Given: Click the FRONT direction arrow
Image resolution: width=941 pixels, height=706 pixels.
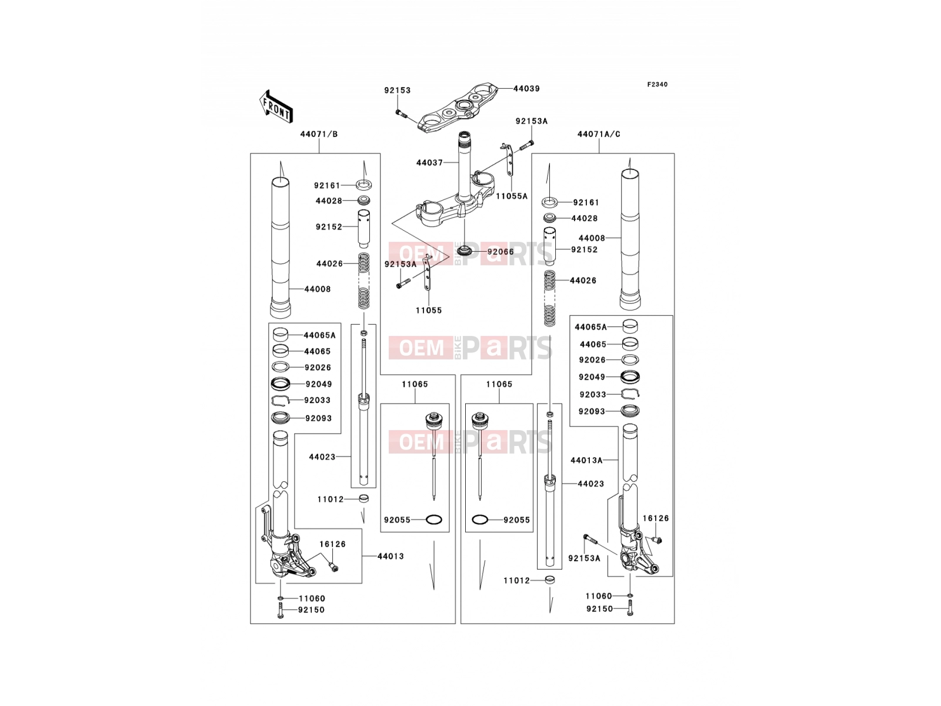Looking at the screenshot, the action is pyautogui.click(x=276, y=107).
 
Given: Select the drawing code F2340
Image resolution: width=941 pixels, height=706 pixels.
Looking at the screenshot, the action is pyautogui.click(x=657, y=85).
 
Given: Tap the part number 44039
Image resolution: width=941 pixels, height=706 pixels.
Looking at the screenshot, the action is pyautogui.click(x=526, y=89).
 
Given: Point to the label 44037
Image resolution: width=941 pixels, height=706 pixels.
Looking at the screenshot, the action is pyautogui.click(x=429, y=162).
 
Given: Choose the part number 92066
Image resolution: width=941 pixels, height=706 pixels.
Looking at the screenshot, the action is pyautogui.click(x=500, y=252).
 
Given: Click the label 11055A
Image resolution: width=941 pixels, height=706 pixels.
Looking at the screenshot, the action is pyautogui.click(x=512, y=197).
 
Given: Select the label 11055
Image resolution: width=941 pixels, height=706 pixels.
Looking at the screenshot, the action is pyautogui.click(x=429, y=311).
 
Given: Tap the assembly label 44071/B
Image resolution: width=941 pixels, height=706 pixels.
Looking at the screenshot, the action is pyautogui.click(x=319, y=134).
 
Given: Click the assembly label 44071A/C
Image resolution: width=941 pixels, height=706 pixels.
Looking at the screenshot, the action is pyautogui.click(x=599, y=134).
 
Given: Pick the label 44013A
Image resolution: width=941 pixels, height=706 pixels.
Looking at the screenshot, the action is pyautogui.click(x=586, y=461).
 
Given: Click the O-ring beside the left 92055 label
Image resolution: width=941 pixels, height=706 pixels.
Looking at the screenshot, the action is pyautogui.click(x=434, y=520).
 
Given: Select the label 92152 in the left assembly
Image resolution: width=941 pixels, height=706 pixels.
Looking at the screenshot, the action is pyautogui.click(x=329, y=227).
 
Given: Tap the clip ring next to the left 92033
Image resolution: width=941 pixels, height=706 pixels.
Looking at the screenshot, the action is pyautogui.click(x=281, y=401).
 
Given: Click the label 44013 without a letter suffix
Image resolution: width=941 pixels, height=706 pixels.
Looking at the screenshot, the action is pyautogui.click(x=391, y=557).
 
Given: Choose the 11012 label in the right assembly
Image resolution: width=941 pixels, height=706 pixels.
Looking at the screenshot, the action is pyautogui.click(x=516, y=581).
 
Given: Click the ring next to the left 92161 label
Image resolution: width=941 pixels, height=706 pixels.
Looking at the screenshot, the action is pyautogui.click(x=363, y=185).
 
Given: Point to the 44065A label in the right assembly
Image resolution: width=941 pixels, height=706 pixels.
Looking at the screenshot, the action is pyautogui.click(x=590, y=327).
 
